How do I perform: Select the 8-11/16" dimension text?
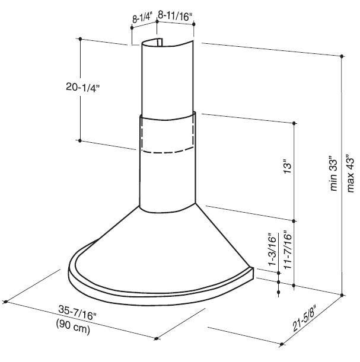pyautogui.click(x=175, y=16)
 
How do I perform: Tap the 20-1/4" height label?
pyautogui.click(x=82, y=87)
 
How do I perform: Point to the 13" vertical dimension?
pyautogui.click(x=288, y=166)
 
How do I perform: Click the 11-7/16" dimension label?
pyautogui.click(x=288, y=249)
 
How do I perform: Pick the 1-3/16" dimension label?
pyautogui.click(x=273, y=251)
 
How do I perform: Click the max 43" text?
pyautogui.click(x=350, y=172)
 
